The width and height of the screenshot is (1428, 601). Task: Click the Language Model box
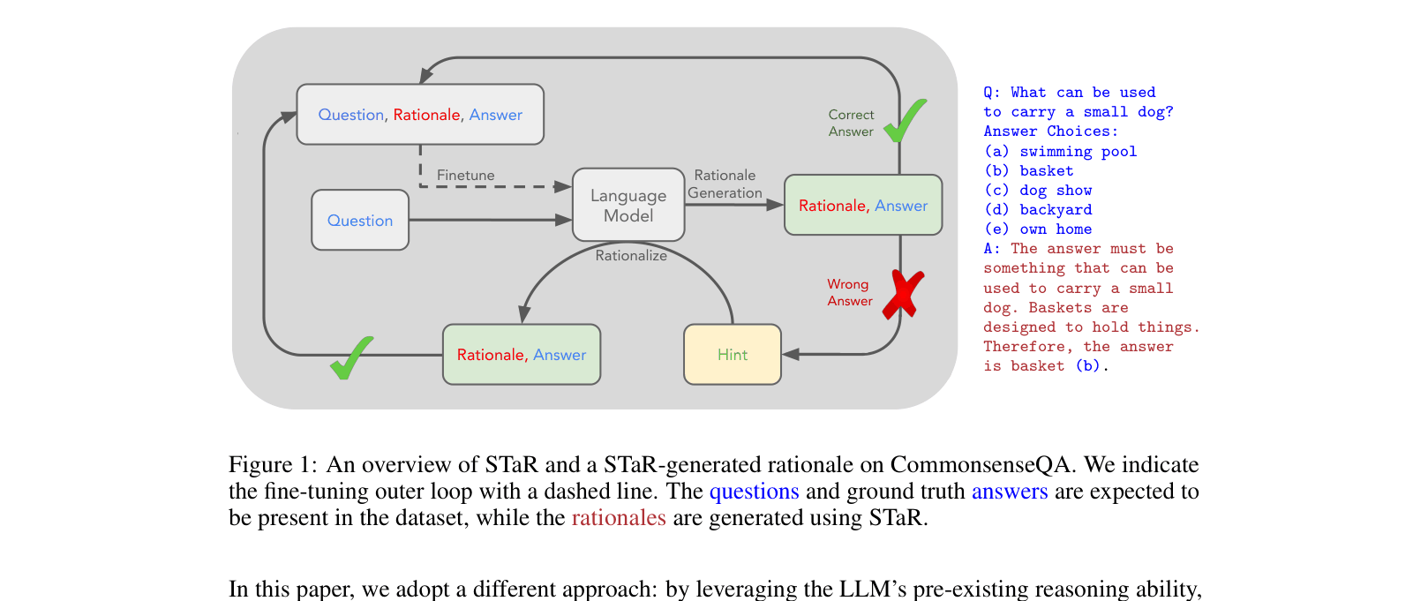pyautogui.click(x=628, y=205)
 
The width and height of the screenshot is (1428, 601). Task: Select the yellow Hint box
pyautogui.click(x=733, y=355)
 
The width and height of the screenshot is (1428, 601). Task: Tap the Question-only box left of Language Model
pyautogui.click(x=360, y=221)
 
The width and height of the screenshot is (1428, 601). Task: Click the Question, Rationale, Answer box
pyautogui.click(x=420, y=115)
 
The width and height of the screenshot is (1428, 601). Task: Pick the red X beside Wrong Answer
pyautogui.click(x=902, y=293)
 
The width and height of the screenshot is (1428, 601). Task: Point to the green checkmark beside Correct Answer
pyautogui.click(x=905, y=121)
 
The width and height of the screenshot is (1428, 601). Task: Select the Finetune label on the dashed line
pyautogui.click(x=465, y=176)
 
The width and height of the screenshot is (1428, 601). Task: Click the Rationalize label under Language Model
pyautogui.click(x=631, y=256)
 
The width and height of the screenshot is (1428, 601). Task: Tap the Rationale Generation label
pyautogui.click(x=725, y=184)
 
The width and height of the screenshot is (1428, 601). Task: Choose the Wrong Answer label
pyautogui.click(x=849, y=292)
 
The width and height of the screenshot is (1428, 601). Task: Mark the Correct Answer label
pyautogui.click(x=851, y=123)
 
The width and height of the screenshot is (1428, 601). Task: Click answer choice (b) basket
pyautogui.click(x=1029, y=171)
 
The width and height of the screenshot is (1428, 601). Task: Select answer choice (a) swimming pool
pyautogui.click(x=1061, y=152)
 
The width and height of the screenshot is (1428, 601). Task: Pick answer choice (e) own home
pyautogui.click(x=1038, y=229)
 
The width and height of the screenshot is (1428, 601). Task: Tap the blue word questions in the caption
pyautogui.click(x=754, y=492)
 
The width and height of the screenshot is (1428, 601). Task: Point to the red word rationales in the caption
pyautogui.click(x=619, y=518)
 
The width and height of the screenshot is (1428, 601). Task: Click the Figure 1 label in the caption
pyautogui.click(x=272, y=465)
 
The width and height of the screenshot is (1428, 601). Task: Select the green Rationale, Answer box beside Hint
pyautogui.click(x=522, y=355)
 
